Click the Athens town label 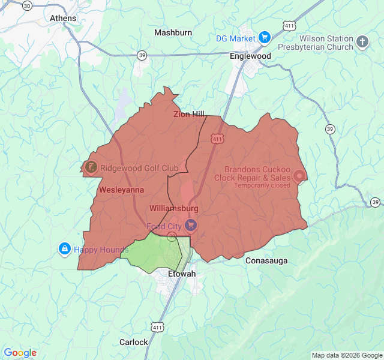(63, 18)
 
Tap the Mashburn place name (173, 32)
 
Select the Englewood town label (250, 56)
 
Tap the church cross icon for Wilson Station (362, 42)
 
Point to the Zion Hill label (189, 114)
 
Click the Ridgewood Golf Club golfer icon (90, 168)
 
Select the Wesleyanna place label (121, 190)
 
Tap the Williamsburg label (173, 208)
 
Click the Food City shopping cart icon (191, 226)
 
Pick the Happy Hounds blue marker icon (64, 248)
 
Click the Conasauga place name (266, 261)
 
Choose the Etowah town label (181, 274)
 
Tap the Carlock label (133, 342)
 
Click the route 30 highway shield (26, 5)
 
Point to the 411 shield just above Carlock (157, 328)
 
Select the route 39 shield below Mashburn (142, 55)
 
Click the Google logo (20, 353)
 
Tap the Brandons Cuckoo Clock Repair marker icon (299, 176)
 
